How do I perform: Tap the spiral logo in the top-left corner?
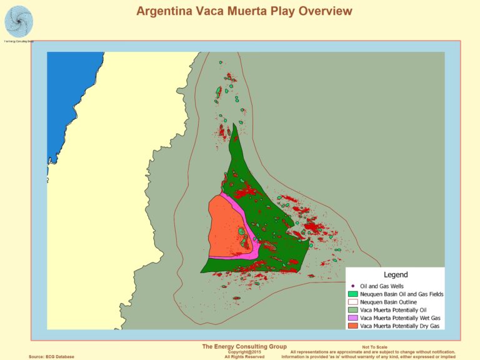[x=19, y=21]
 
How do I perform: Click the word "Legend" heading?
[x=395, y=274]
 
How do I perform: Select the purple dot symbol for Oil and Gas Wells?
[x=353, y=285]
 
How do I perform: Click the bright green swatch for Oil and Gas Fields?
[x=353, y=293]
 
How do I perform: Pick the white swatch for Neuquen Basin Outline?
[x=353, y=301]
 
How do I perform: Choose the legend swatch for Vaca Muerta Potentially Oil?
[x=353, y=309]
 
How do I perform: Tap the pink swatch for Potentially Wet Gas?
[x=353, y=317]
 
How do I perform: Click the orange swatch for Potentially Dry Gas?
[x=353, y=326]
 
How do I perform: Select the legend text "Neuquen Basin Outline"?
[x=391, y=301]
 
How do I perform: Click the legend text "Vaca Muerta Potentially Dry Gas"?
[x=400, y=326]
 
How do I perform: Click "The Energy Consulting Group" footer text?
[x=244, y=346]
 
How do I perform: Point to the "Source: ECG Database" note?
[x=51, y=357]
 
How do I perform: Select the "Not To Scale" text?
[x=374, y=347]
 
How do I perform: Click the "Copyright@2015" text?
[x=243, y=352]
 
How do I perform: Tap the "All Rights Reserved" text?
[x=244, y=357]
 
